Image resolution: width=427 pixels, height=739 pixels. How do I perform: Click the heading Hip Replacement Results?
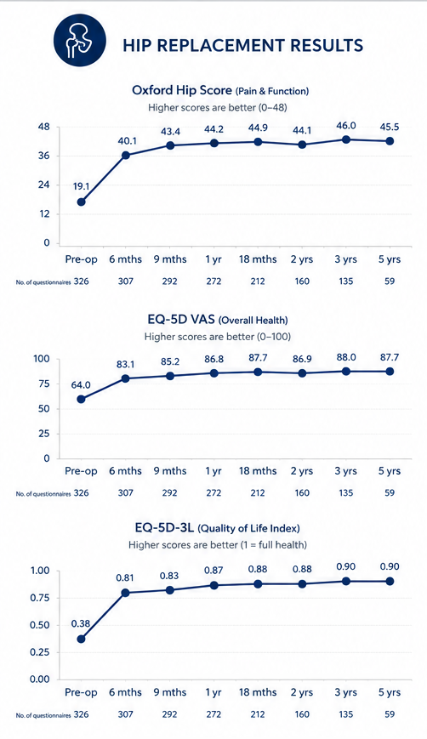pyautogui.click(x=243, y=45)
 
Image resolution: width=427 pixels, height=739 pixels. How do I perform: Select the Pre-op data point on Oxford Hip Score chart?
pyautogui.click(x=82, y=202)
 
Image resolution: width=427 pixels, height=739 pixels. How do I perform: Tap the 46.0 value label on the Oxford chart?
pyautogui.click(x=346, y=125)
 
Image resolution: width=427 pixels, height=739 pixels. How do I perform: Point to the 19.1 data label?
pyautogui.click(x=82, y=186)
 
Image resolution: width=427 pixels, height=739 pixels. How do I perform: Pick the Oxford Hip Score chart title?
pyautogui.click(x=220, y=90)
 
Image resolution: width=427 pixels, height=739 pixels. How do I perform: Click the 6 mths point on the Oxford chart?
pyautogui.click(x=126, y=155)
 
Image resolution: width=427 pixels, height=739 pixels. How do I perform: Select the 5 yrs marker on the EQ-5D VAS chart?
pyautogui.click(x=390, y=372)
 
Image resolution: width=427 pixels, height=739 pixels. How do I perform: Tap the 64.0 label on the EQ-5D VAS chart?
pyautogui.click(x=81, y=385)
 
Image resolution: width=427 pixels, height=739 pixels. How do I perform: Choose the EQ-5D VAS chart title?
pyautogui.click(x=217, y=320)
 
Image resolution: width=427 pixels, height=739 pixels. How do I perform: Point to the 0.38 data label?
pyautogui.click(x=81, y=623)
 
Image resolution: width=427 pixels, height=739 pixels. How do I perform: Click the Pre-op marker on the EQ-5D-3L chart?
pyautogui.click(x=82, y=640)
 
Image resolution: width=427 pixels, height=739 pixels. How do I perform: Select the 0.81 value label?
pyautogui.click(x=126, y=577)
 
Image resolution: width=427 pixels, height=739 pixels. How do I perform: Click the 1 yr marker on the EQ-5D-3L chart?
pyautogui.click(x=214, y=585)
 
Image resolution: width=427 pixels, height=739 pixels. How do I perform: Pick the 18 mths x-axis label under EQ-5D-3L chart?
pyautogui.click(x=258, y=692)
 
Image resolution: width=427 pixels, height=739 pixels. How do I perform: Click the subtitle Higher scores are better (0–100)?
pyautogui.click(x=217, y=337)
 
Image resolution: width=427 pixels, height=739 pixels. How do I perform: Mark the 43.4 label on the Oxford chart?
pyautogui.click(x=170, y=131)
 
